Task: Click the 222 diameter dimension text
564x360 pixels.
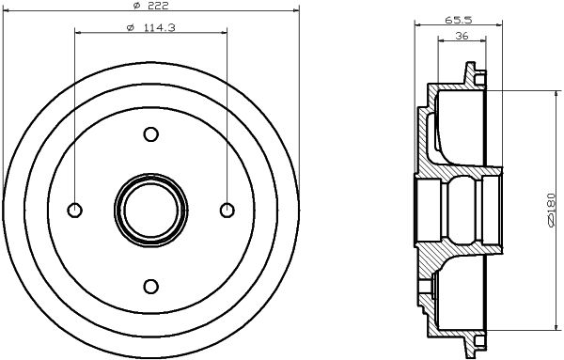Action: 156,8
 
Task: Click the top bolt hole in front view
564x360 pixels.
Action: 150,135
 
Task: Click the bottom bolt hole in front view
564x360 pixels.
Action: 150,286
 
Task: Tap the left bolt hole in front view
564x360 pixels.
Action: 75,211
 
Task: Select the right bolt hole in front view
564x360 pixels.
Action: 226,211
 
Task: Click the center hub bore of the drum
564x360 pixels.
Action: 150,211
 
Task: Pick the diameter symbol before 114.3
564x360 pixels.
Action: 129,25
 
